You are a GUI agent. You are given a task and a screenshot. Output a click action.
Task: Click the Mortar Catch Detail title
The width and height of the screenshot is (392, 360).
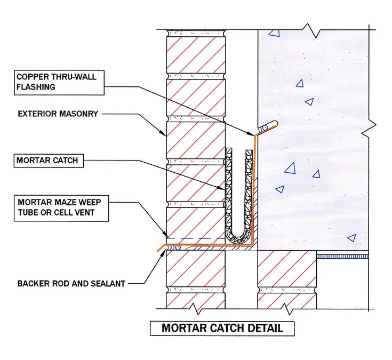coord(222,327)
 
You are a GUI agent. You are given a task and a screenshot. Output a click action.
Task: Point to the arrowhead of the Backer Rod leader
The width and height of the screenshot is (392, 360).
coord(163,253)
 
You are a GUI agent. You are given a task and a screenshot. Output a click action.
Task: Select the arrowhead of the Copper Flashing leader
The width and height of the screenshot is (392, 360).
coord(252,134)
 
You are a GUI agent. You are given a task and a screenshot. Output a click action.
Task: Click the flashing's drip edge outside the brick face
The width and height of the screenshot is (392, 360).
coord(158,250)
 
